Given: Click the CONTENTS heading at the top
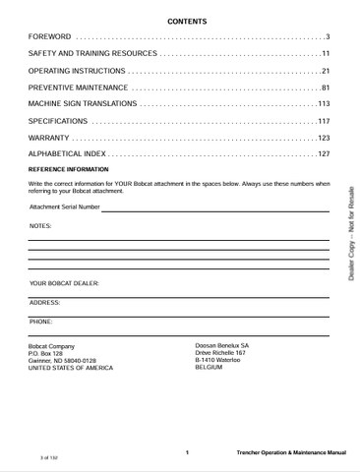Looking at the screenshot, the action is pyautogui.click(x=186, y=21).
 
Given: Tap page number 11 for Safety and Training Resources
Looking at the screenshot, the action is pyautogui.click(x=325, y=53).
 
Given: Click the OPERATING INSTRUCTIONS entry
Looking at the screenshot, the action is pyautogui.click(x=77, y=71).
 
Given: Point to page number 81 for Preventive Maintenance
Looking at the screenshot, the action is pyautogui.click(x=325, y=88).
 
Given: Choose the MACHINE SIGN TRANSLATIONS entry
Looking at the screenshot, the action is pyautogui.click(x=83, y=104).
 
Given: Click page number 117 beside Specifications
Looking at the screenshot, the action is pyautogui.click(x=323, y=121).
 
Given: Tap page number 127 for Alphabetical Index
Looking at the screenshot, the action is pyautogui.click(x=323, y=154).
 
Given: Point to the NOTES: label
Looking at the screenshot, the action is pyautogui.click(x=41, y=225).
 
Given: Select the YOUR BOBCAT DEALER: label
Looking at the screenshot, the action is pyautogui.click(x=65, y=283).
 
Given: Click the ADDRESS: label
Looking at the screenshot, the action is pyautogui.click(x=45, y=303).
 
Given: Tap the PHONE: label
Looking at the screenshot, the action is pyautogui.click(x=41, y=322).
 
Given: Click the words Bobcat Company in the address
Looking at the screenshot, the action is pyautogui.click(x=51, y=346).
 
